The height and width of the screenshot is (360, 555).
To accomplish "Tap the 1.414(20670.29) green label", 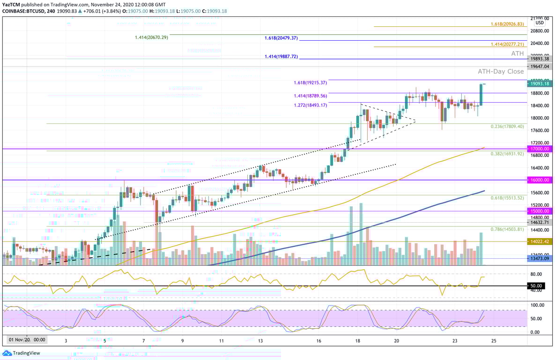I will (x=151, y=37).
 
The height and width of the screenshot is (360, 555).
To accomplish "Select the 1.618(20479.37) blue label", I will (x=281, y=38).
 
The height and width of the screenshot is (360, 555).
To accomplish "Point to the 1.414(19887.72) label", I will (x=281, y=56).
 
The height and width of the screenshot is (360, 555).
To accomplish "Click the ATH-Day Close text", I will (x=501, y=72).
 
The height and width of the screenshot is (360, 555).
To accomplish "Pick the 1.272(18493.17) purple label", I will (x=310, y=105).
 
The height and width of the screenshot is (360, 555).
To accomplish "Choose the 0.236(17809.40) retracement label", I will (x=507, y=127).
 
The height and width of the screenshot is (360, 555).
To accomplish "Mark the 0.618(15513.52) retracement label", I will (x=507, y=198).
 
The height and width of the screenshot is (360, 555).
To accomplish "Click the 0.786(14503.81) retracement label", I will (x=507, y=229).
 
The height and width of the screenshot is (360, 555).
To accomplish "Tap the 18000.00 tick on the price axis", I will (x=537, y=118).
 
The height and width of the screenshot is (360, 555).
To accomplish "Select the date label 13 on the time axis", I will (x=260, y=341).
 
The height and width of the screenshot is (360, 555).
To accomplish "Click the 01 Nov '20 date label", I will (x=27, y=339).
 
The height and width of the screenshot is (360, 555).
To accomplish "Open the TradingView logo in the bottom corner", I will (x=22, y=353).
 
